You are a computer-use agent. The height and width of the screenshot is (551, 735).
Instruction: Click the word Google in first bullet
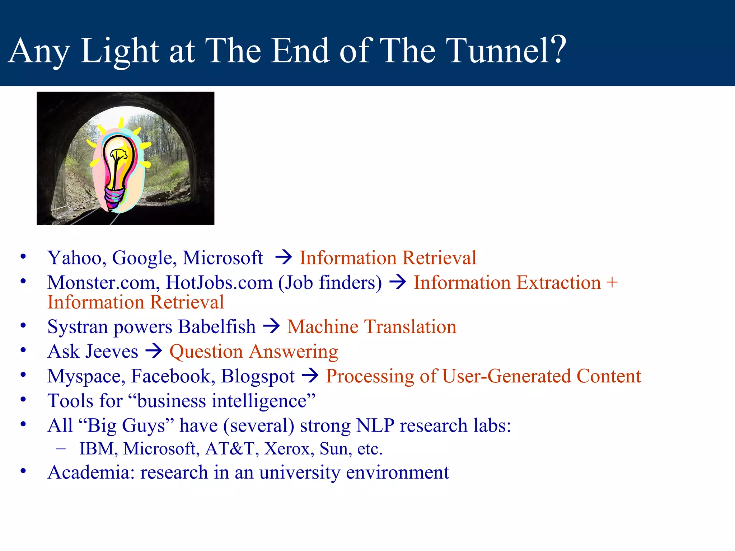[144, 258]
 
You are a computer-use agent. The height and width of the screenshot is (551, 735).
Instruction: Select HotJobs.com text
[219, 283]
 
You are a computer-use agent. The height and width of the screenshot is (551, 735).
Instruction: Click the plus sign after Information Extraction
[612, 282]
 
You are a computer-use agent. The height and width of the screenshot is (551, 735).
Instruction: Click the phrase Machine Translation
[371, 327]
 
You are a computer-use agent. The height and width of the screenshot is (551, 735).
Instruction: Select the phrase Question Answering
[253, 352]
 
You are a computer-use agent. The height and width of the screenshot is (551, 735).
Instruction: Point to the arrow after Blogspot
[310, 376]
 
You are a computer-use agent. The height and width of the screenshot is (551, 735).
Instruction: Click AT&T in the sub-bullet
[230, 449]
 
